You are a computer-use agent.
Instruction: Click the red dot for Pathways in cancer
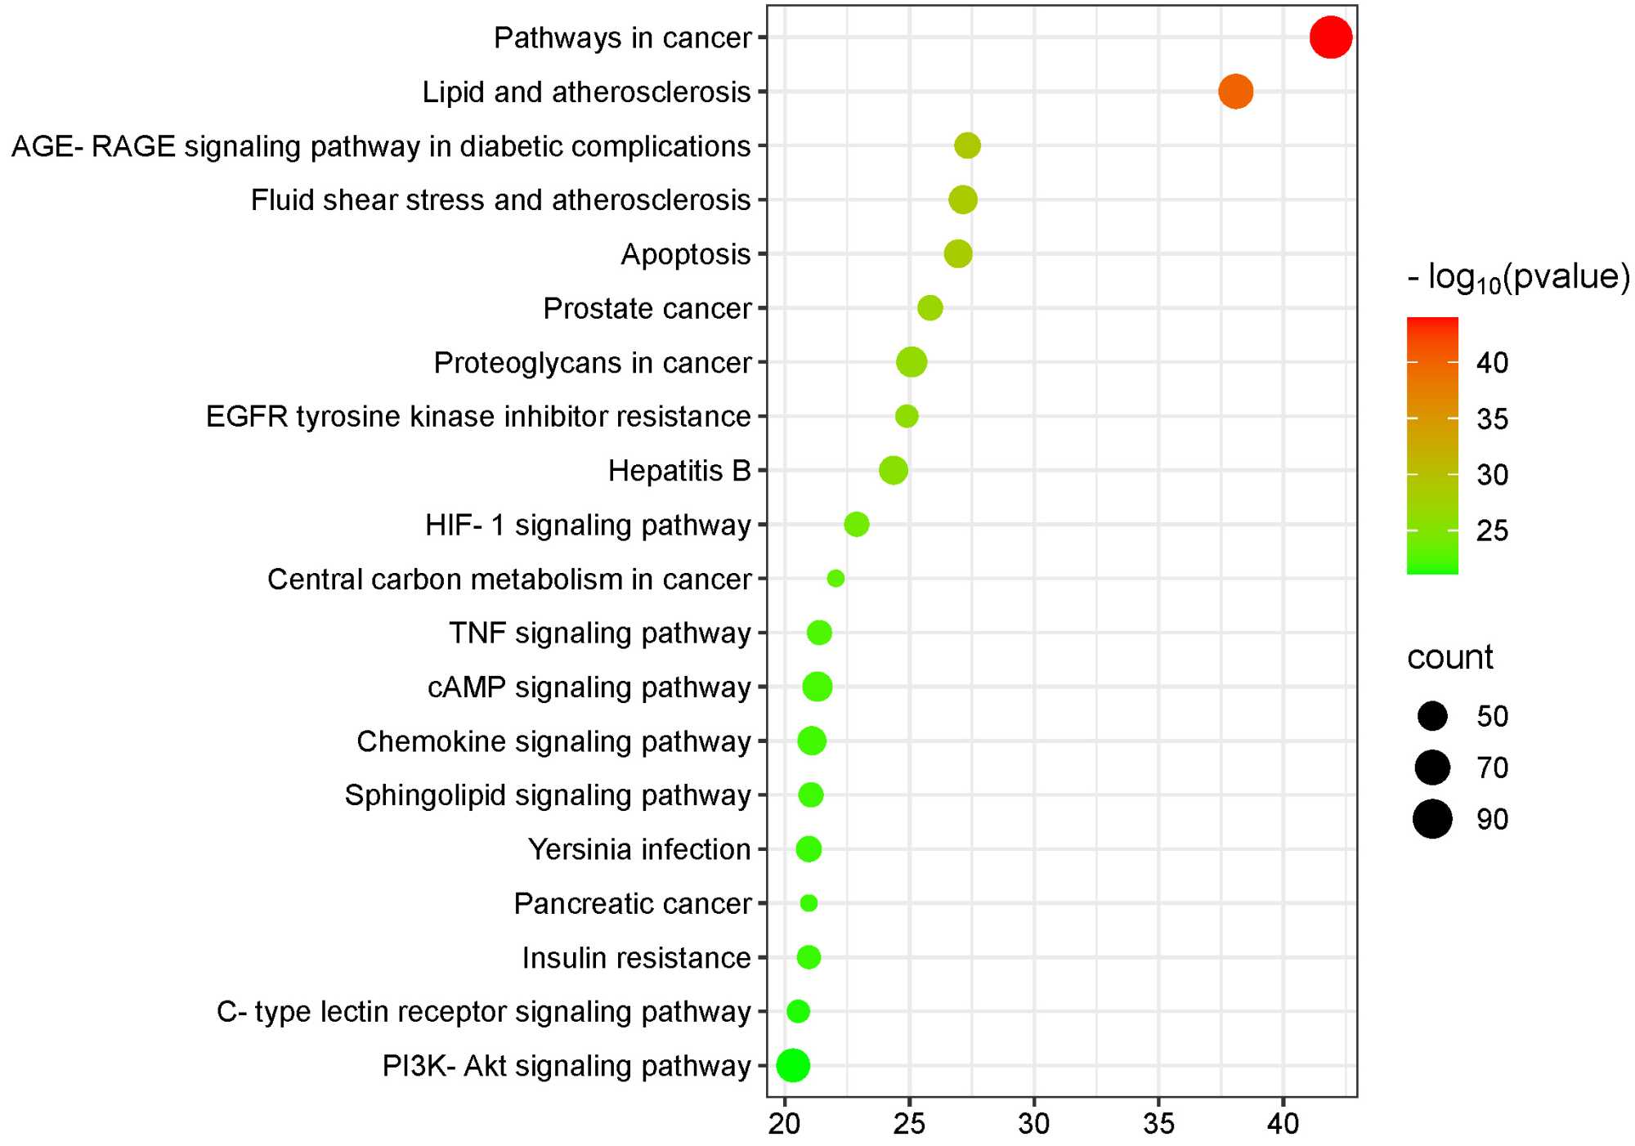pyautogui.click(x=1330, y=38)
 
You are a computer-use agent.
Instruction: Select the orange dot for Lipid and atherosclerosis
pyautogui.click(x=1235, y=92)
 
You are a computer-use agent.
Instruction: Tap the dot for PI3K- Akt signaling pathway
pyautogui.click(x=792, y=1065)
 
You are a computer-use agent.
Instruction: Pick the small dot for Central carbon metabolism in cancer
pyautogui.click(x=835, y=579)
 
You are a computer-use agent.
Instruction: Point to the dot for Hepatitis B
pyautogui.click(x=893, y=470)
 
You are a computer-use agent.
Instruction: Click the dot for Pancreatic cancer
pyautogui.click(x=809, y=903)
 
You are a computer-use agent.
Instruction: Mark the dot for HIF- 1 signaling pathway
pyautogui.click(x=856, y=524)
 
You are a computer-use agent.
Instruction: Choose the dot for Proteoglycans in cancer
pyautogui.click(x=912, y=362)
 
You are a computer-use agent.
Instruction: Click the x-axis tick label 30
pyautogui.click(x=1034, y=1124)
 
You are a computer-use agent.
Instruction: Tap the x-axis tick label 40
pyautogui.click(x=1283, y=1124)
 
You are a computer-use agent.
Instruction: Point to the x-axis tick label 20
pyautogui.click(x=784, y=1124)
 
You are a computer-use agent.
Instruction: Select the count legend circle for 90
pyautogui.click(x=1432, y=819)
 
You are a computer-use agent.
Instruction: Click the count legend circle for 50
pyautogui.click(x=1432, y=716)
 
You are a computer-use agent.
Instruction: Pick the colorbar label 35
pyautogui.click(x=1492, y=419)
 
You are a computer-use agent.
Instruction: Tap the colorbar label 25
pyautogui.click(x=1492, y=531)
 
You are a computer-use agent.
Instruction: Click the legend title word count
pyautogui.click(x=1449, y=657)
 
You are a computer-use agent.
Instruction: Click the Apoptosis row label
pyautogui.click(x=685, y=254)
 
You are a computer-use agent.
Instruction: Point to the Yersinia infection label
pyautogui.click(x=639, y=849)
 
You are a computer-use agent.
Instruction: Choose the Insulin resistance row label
pyautogui.click(x=636, y=957)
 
